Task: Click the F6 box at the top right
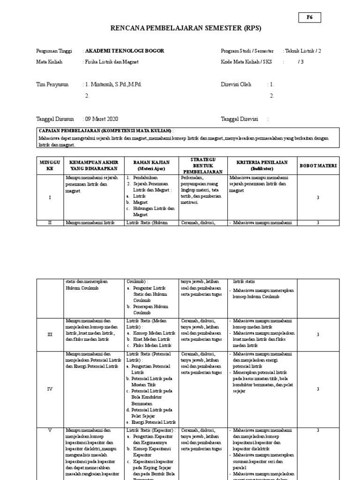(309, 17)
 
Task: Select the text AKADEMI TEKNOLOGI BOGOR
(125, 51)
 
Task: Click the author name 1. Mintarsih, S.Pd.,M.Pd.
(113, 84)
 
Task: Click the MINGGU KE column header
(50, 165)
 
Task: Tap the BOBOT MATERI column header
(318, 165)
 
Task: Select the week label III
(50, 334)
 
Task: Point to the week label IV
(50, 389)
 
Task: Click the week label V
(50, 430)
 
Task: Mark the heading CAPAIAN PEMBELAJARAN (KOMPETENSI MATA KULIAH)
(105, 131)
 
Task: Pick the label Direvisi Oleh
(236, 84)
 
